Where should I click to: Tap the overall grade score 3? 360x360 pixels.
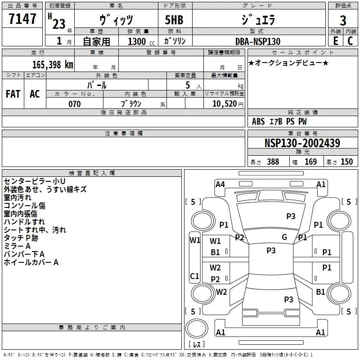click(343, 21)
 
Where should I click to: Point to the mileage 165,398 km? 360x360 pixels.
click(53, 64)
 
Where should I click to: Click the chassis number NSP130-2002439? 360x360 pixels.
click(302, 144)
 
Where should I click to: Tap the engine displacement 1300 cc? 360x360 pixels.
click(139, 41)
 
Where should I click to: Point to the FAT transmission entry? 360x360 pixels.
click(13, 94)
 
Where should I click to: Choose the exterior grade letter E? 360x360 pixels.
click(335, 41)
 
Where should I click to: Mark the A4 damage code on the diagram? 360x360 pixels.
click(220, 184)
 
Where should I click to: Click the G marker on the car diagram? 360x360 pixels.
click(284, 237)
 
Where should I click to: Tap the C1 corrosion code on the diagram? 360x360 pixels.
click(194, 276)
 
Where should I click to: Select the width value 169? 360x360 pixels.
click(310, 162)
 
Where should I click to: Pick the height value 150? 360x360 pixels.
click(346, 162)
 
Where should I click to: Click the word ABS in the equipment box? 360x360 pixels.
click(258, 121)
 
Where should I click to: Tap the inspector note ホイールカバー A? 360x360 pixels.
click(31, 262)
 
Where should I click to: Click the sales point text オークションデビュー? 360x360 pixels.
click(288, 63)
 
